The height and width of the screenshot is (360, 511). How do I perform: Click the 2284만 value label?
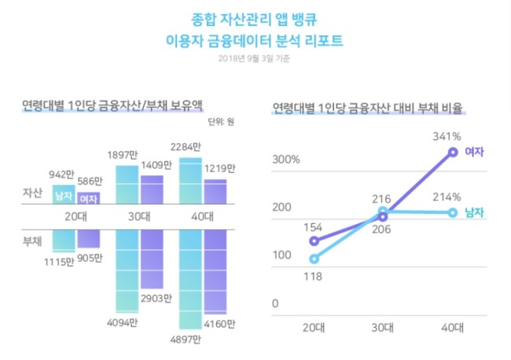186,147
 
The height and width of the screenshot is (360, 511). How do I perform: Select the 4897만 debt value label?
186,340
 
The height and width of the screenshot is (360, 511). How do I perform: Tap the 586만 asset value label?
90,181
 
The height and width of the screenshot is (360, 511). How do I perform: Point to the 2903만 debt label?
156,299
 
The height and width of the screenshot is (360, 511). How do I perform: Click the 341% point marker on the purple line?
453,152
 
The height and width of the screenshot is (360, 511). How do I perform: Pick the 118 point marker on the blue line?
314,259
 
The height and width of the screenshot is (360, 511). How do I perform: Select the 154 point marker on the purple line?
314,241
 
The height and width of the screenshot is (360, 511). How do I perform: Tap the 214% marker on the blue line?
453,213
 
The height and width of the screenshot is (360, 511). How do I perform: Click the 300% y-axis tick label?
286,160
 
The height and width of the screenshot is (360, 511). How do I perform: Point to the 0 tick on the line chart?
275,303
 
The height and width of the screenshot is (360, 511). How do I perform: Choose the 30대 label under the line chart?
383,328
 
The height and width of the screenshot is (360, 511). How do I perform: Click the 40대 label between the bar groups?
202,217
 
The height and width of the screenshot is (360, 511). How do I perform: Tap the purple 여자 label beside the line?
474,152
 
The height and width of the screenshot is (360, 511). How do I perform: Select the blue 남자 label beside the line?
474,213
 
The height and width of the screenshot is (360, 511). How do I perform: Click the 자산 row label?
32,193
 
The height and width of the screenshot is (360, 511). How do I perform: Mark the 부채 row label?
32,241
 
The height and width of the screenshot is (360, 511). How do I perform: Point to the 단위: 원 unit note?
221,122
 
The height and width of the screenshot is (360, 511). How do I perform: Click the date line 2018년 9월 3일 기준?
254,59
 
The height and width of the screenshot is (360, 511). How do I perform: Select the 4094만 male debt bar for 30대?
127,271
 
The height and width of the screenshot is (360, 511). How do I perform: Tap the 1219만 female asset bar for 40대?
215,192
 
